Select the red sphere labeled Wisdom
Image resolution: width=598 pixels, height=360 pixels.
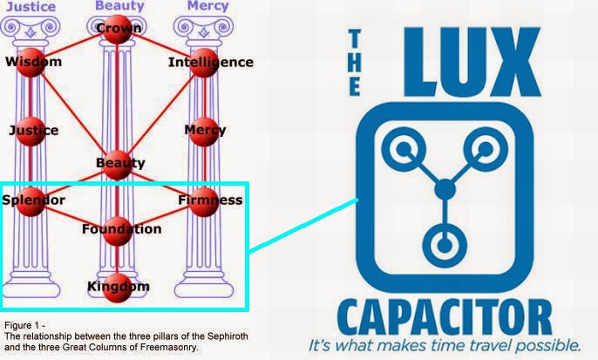31,63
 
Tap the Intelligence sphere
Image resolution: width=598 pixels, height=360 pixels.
203,63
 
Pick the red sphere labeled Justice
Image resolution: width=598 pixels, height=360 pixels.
31,131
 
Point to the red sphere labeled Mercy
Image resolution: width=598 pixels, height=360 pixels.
203,131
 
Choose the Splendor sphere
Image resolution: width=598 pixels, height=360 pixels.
31,200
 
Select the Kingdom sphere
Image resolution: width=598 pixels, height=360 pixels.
118,287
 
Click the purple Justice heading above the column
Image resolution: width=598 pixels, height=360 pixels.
31,6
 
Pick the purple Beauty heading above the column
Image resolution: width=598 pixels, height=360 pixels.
119,6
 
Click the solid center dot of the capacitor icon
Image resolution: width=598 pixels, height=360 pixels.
445,187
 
